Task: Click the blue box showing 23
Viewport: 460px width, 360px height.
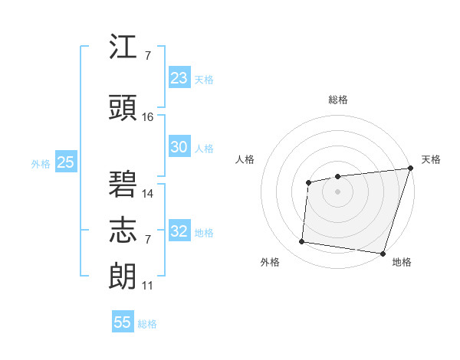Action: pos(179,78)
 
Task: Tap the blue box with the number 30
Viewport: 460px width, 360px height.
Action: pos(179,148)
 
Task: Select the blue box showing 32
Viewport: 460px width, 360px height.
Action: pos(179,232)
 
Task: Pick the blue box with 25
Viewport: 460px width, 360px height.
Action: pos(65,163)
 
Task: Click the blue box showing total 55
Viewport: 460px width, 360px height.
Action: pos(123,322)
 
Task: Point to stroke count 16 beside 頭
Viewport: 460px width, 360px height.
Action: pos(148,117)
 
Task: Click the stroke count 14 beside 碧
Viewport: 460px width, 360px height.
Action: pos(148,193)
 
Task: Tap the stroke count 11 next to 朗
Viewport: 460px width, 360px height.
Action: pos(147,286)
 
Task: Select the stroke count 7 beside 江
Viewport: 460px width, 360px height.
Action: pos(147,56)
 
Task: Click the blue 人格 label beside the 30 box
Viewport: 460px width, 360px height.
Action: pos(204,149)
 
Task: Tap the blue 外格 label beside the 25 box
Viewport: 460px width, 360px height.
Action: pos(41,164)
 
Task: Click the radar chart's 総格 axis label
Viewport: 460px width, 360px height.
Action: pos(337,100)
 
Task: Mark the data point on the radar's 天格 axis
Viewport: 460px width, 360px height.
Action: pos(410,169)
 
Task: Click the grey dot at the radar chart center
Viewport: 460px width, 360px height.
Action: pos(337,190)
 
